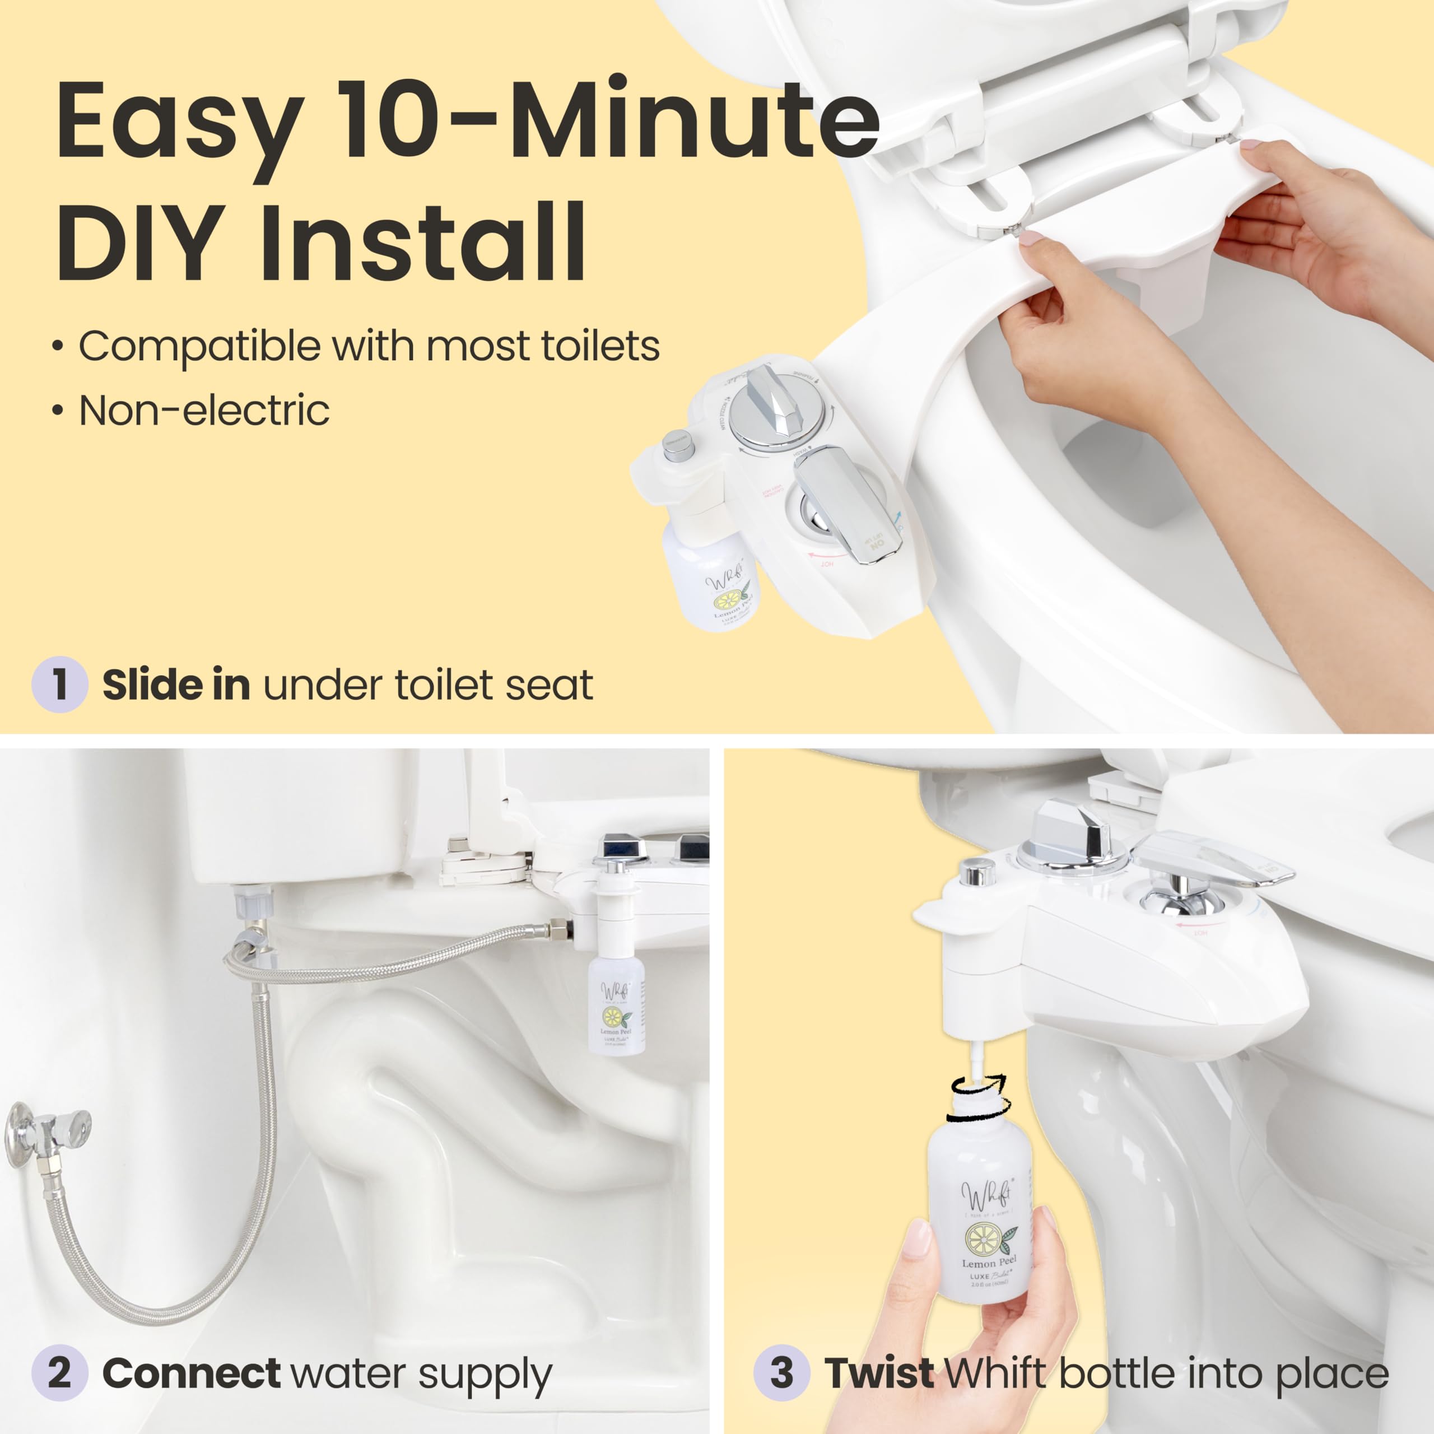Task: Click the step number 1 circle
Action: tap(60, 685)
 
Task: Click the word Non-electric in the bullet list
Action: tap(204, 411)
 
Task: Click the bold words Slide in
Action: tap(176, 685)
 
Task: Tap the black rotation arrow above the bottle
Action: tap(978, 1092)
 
